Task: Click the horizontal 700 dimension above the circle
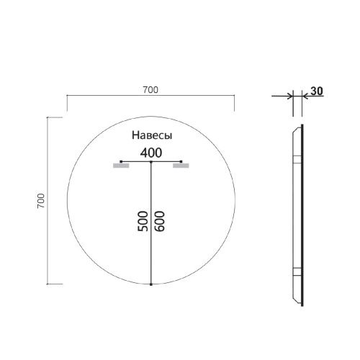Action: pos(150,90)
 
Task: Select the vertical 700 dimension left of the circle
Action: pos(41,201)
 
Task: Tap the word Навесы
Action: pos(151,135)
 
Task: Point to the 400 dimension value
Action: pos(151,152)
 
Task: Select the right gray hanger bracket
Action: pos(181,166)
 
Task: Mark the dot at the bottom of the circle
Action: pos(151,285)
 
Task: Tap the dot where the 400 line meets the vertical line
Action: pos(151,163)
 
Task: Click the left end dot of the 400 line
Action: pos(120,163)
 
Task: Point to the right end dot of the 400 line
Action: pos(182,163)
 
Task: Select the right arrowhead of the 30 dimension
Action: pos(305,96)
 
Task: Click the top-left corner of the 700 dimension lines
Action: pos(67,96)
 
